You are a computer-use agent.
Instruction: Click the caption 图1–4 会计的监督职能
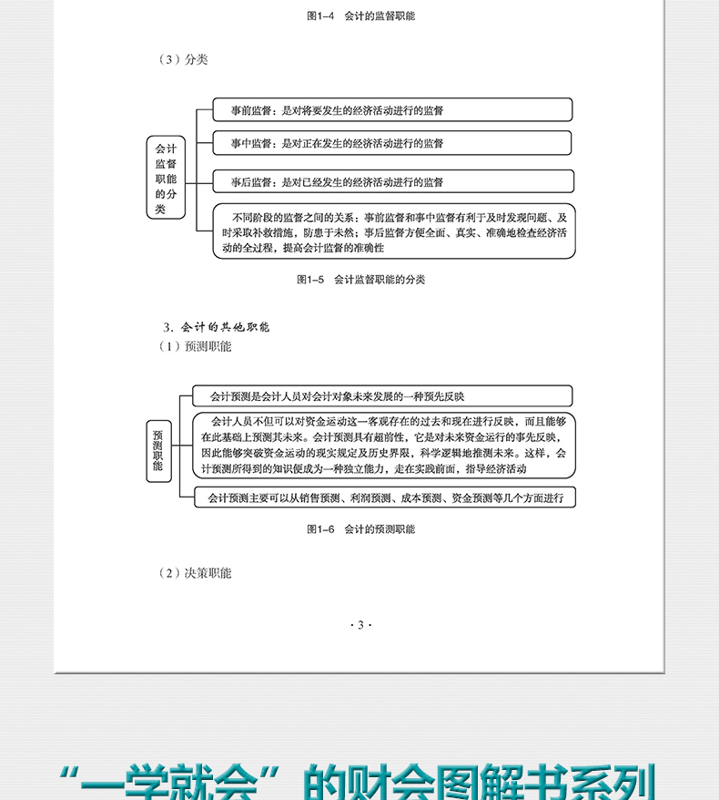pyautogui.click(x=359, y=16)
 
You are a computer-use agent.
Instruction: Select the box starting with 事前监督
pyautogui.click(x=392, y=110)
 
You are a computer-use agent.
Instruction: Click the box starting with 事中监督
pyautogui.click(x=392, y=143)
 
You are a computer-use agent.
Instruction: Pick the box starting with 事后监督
pyautogui.click(x=392, y=181)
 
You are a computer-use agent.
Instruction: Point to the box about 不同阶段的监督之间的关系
pyautogui.click(x=394, y=232)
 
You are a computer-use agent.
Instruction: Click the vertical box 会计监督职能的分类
pyautogui.click(x=166, y=177)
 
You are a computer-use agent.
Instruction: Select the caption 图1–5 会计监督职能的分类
pyautogui.click(x=360, y=280)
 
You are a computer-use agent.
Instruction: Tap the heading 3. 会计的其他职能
pyautogui.click(x=217, y=326)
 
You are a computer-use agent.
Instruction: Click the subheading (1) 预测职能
pyautogui.click(x=195, y=347)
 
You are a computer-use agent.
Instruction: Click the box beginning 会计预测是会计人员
pyautogui.click(x=382, y=396)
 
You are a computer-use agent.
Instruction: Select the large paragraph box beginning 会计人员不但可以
pyautogui.click(x=384, y=446)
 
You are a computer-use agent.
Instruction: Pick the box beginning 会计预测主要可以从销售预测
pyautogui.click(x=385, y=497)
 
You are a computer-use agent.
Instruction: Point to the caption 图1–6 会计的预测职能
pyautogui.click(x=360, y=528)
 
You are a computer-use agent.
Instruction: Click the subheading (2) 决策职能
pyautogui.click(x=195, y=573)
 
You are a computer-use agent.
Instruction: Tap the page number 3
pyautogui.click(x=360, y=624)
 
